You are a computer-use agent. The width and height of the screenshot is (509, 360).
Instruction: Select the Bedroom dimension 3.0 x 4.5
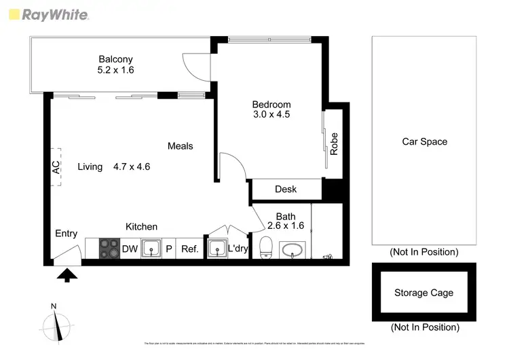pyautogui.click(x=271, y=115)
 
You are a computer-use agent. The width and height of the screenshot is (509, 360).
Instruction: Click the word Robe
pyautogui.click(x=334, y=144)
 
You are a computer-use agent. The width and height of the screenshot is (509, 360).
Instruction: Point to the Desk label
pyautogui.click(x=286, y=190)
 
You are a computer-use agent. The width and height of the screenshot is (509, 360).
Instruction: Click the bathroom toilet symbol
pyautogui.click(x=267, y=248)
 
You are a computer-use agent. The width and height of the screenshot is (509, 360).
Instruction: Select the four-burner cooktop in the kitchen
pyautogui.click(x=109, y=249)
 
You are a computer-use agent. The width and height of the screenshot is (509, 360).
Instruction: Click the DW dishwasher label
pyautogui.click(x=130, y=249)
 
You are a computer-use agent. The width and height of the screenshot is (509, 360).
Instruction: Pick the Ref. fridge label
pyautogui.click(x=189, y=249)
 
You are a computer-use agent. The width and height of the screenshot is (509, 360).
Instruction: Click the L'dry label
pyautogui.click(x=238, y=249)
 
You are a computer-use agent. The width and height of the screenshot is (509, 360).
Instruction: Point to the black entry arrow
pyautogui.click(x=67, y=274)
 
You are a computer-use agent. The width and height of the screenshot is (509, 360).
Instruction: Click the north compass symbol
pyautogui.click(x=59, y=323)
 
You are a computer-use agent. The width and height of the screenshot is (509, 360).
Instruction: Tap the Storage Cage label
pyautogui.click(x=423, y=293)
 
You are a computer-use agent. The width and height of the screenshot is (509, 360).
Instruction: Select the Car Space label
pyautogui.click(x=424, y=142)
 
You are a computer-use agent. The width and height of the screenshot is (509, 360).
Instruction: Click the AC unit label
pyautogui.click(x=56, y=166)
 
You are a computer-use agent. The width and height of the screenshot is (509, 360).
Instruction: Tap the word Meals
pyautogui.click(x=181, y=146)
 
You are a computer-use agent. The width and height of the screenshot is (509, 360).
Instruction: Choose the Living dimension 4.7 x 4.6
pyautogui.click(x=132, y=166)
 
